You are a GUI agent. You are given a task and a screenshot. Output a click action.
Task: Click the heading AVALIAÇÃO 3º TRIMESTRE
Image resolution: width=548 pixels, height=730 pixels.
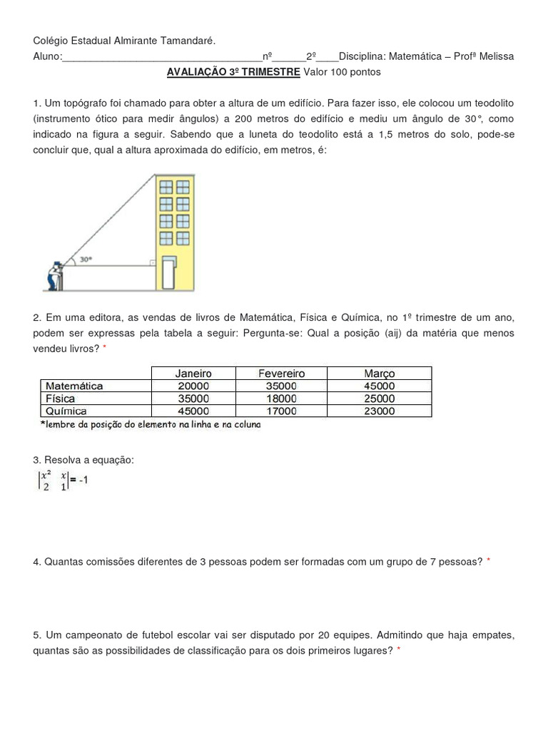click(233, 72)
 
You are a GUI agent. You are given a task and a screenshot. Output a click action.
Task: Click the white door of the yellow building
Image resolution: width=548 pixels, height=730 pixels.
click(168, 274)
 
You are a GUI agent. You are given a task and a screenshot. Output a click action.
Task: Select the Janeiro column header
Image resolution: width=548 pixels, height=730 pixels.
click(193, 373)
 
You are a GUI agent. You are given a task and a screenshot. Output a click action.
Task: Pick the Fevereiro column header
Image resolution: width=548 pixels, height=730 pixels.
click(281, 373)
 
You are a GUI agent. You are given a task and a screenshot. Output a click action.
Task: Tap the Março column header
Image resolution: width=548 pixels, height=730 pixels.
click(378, 373)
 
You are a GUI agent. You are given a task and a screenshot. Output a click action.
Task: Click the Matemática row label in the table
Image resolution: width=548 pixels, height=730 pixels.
click(74, 386)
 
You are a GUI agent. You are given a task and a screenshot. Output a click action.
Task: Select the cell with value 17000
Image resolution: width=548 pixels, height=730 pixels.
click(281, 411)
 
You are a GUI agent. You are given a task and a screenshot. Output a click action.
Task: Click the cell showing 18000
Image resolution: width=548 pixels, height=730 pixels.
click(281, 399)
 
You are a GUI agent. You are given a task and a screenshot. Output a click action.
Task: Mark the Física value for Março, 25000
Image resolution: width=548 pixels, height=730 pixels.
click(378, 399)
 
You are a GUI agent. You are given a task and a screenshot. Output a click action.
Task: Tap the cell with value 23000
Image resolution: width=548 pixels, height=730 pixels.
click(378, 411)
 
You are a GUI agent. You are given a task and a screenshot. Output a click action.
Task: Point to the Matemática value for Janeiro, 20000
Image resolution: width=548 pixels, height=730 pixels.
click(193, 386)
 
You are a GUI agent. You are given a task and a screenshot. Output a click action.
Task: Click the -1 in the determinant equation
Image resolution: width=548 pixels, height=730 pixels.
click(82, 480)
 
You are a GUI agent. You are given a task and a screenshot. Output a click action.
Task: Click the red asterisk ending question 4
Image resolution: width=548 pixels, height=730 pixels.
click(489, 562)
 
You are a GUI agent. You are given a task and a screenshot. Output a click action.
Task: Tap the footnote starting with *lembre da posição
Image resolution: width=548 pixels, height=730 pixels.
click(151, 424)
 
